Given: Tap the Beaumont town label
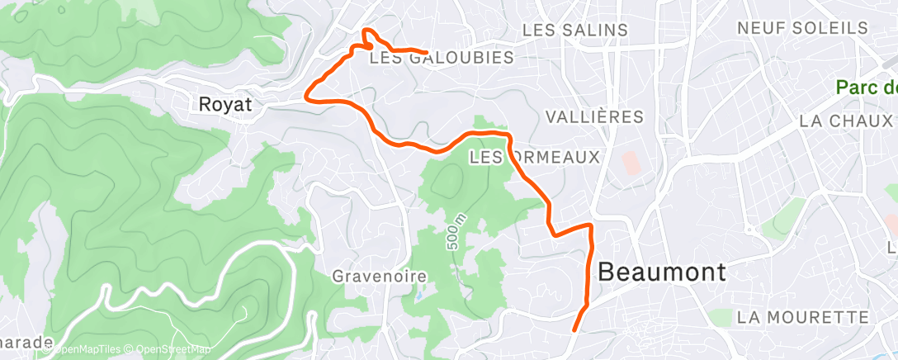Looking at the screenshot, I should pos(661,272).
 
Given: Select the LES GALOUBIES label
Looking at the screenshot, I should pos(441,58).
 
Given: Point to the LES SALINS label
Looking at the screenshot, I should pos(575,30).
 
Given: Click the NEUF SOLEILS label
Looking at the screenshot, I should pos(802,28).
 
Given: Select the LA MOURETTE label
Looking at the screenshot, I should pos(802,317).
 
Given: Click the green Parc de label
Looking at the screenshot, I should pos(866,87).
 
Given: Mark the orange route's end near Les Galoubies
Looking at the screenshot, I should pos(425,52).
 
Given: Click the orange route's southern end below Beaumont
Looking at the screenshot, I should pos(574,330).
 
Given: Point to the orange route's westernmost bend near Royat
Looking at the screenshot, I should pos(307,94).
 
